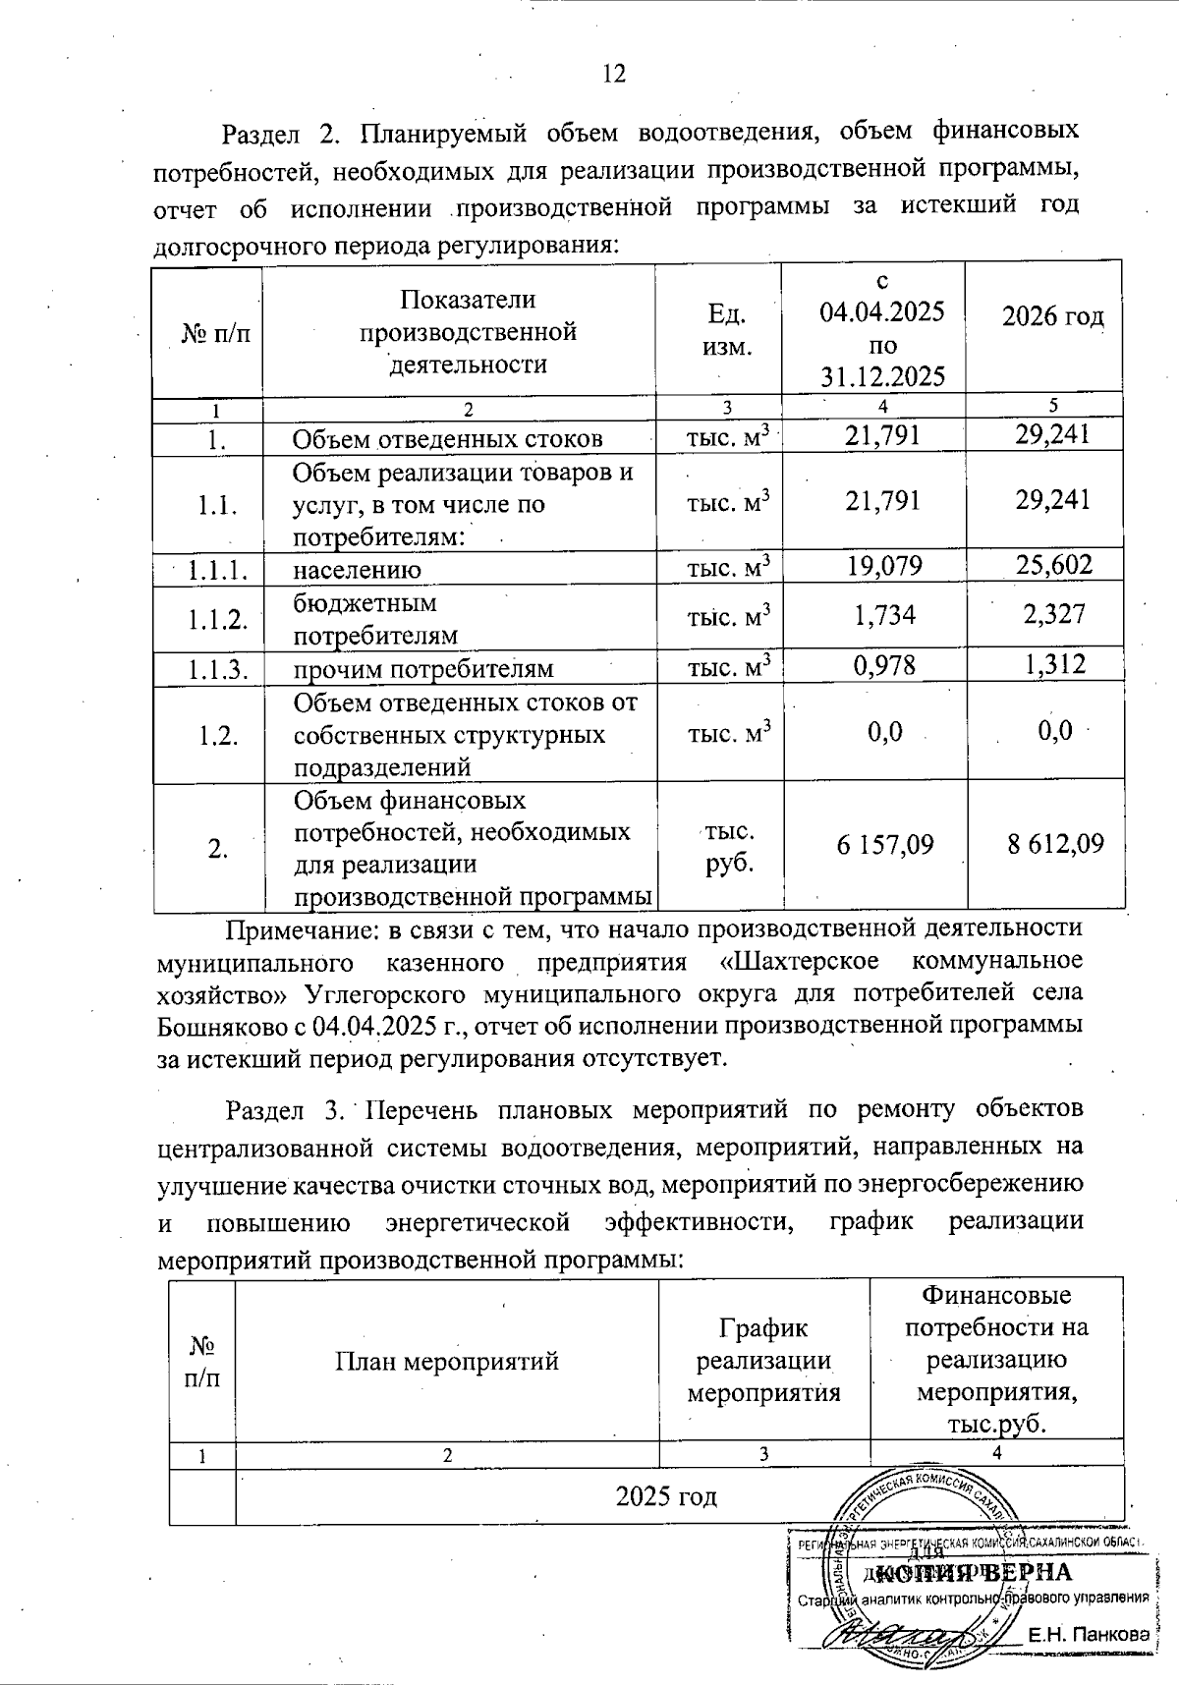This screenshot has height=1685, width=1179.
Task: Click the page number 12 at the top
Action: point(613,74)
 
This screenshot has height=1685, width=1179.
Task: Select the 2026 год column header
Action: point(1052,316)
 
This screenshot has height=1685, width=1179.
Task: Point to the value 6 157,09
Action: point(884,844)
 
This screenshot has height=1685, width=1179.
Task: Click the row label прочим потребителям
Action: point(422,669)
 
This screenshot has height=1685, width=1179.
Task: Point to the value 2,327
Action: point(1053,614)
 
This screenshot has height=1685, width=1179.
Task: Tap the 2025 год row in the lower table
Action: point(665,1496)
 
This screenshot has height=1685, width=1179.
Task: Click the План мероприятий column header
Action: point(447,1361)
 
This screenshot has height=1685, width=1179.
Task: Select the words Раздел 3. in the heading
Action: point(287,1110)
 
